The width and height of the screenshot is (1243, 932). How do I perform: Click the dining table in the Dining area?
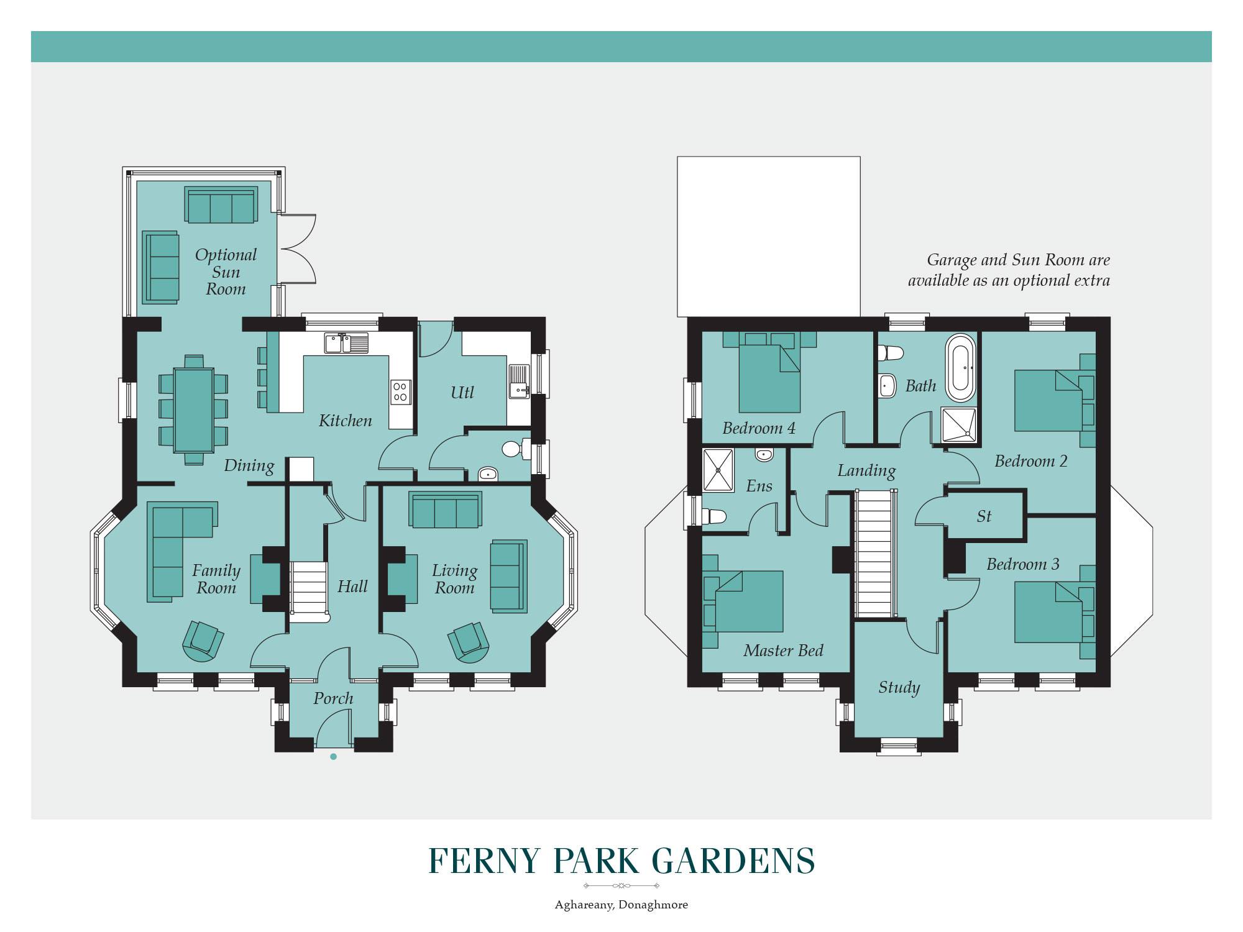click(x=194, y=410)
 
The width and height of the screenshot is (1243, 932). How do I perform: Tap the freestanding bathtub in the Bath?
click(x=961, y=368)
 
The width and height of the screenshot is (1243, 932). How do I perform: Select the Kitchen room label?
click(x=345, y=421)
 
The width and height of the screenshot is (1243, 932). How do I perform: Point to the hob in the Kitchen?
click(x=400, y=391)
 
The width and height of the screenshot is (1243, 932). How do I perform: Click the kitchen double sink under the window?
click(x=346, y=343)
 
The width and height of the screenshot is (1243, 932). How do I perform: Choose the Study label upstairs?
click(x=899, y=687)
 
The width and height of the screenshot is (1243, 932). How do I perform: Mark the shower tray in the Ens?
click(x=718, y=470)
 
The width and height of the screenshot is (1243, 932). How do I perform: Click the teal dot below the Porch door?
click(x=334, y=756)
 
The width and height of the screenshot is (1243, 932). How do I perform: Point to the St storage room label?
click(x=984, y=516)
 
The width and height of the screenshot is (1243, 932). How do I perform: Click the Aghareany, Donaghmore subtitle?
click(x=621, y=905)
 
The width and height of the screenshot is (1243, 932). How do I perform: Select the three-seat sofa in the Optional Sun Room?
click(x=221, y=204)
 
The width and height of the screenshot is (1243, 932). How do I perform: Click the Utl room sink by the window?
click(x=518, y=380)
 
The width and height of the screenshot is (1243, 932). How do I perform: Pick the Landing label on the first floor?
click(x=866, y=470)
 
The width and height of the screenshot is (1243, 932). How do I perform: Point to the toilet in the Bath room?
click(x=890, y=353)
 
